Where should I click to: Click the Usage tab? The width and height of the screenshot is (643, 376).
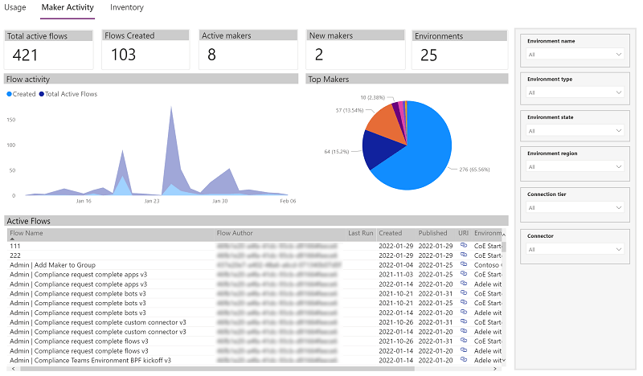tap(15, 7)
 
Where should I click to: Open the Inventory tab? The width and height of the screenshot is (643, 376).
tap(127, 7)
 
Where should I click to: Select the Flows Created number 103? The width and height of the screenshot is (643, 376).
tap(123, 55)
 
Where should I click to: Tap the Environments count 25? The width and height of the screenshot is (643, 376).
tap(429, 55)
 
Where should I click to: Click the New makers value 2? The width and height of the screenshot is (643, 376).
tap(319, 55)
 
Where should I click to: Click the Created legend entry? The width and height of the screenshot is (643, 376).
tap(22, 94)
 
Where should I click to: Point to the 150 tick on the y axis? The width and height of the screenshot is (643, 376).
tap(11, 120)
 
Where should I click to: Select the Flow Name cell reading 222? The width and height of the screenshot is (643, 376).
tap(15, 255)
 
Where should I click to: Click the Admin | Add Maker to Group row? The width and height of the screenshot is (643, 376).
tap(52, 264)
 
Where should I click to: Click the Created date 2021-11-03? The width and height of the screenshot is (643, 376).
tap(395, 274)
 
